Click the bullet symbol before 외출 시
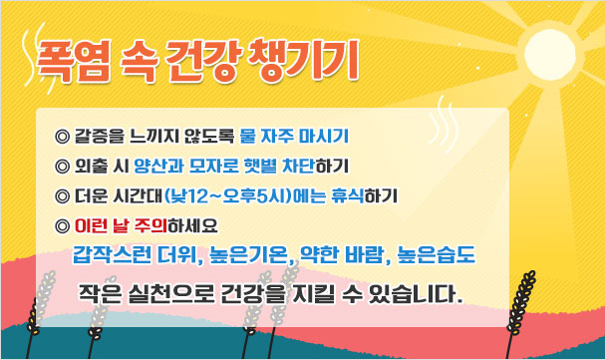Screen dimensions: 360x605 [65, 164]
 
